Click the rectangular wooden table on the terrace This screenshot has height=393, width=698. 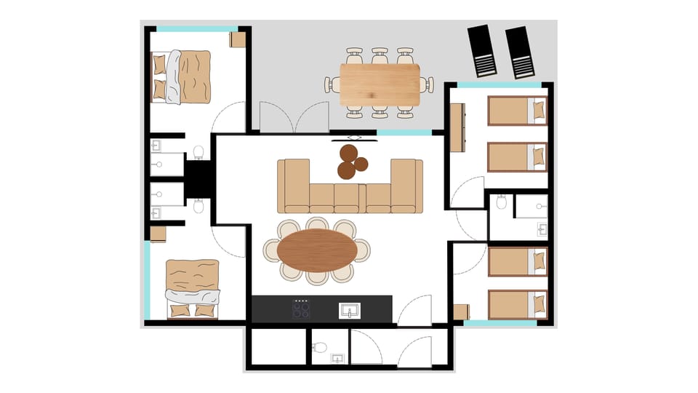[380, 84]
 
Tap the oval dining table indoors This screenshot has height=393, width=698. [317, 250]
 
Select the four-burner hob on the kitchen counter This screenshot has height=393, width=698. [301, 309]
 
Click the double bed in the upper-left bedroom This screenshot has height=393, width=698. [182, 76]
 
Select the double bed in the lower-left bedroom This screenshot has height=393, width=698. [193, 288]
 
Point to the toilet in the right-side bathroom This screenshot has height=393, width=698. [502, 203]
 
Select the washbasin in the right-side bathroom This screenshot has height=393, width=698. [542, 229]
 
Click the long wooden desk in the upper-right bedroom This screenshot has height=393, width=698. [457, 127]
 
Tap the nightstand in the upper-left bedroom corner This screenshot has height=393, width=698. [238, 39]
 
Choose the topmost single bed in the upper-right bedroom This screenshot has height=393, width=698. [516, 111]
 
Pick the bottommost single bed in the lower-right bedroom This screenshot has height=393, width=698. [517, 304]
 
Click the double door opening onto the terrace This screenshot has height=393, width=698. [294, 118]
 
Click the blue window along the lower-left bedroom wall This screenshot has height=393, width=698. [147, 280]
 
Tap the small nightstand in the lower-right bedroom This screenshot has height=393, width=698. [461, 311]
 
